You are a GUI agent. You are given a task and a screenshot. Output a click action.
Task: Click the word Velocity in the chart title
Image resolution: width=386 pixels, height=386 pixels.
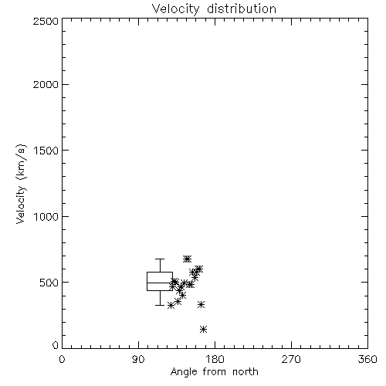click(175, 9)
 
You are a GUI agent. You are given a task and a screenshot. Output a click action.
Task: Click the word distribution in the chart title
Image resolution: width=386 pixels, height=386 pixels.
click(242, 8)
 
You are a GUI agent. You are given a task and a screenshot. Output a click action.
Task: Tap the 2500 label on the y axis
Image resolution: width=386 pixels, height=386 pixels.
click(46, 21)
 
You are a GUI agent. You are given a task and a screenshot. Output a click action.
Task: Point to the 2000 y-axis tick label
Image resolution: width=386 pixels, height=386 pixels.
click(46, 84)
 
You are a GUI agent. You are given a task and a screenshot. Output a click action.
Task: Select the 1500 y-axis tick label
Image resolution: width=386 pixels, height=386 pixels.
click(46, 151)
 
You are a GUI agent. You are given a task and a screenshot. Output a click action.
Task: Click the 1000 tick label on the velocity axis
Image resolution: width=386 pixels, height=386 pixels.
click(46, 216)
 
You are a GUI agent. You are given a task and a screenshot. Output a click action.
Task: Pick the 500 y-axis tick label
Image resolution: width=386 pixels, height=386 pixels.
click(49, 283)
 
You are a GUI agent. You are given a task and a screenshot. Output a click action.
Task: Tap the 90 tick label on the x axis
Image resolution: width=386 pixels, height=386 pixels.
click(138, 359)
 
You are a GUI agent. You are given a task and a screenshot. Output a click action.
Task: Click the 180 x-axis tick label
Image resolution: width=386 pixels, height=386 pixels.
click(215, 359)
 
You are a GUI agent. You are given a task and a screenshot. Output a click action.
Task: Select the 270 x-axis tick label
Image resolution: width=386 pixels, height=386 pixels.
click(291, 359)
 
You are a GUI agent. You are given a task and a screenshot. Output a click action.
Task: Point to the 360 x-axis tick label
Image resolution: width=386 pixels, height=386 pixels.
click(367, 359)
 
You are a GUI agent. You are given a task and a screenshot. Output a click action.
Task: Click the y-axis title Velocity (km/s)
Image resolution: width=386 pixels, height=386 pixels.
click(21, 184)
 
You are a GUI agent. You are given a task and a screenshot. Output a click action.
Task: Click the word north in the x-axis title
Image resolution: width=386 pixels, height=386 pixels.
click(245, 372)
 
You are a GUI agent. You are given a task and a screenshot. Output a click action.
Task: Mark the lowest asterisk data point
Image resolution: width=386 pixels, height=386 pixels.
click(203, 329)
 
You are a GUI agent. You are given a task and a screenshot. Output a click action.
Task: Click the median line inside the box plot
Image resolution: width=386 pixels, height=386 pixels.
click(160, 283)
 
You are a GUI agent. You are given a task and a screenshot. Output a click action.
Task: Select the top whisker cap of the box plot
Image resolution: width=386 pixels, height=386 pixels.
click(160, 259)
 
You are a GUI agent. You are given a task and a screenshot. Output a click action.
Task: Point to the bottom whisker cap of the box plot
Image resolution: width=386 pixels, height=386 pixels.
click(160, 305)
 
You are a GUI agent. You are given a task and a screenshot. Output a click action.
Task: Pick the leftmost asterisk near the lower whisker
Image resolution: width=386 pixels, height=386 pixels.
click(171, 306)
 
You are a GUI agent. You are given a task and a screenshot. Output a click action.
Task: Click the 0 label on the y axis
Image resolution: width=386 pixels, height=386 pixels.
click(56, 345)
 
